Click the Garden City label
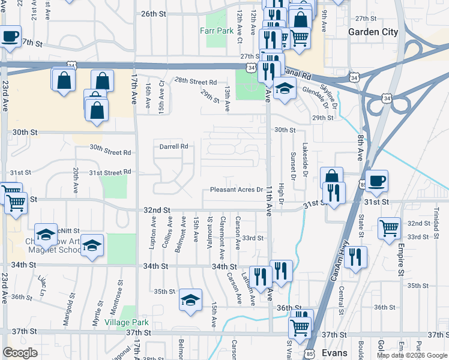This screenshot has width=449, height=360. [x=373, y=32]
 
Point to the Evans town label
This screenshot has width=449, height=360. [x=334, y=352]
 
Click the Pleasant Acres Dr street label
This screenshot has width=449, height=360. [x=237, y=190]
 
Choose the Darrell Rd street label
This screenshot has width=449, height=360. [x=174, y=146]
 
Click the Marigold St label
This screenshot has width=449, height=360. [x=67, y=307]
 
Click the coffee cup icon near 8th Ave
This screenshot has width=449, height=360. [x=376, y=181]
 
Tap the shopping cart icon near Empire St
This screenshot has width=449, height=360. [x=389, y=227]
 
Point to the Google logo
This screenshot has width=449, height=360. [x=20, y=353]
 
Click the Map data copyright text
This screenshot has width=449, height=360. [x=411, y=355]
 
